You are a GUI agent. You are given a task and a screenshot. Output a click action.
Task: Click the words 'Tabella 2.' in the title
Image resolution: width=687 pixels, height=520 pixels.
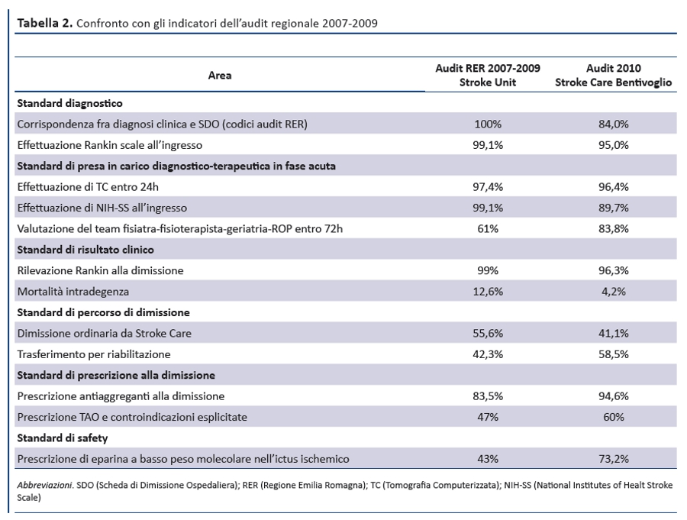point(45,23)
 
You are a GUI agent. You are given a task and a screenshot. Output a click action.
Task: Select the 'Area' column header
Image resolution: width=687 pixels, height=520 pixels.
point(220,76)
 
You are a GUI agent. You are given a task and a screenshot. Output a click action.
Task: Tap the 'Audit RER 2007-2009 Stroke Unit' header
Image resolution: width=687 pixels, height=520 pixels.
point(488,75)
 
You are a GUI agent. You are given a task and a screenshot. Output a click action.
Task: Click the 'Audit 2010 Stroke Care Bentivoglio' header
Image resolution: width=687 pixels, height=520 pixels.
point(614,75)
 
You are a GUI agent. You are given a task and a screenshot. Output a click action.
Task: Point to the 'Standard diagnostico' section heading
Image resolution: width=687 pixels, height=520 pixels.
point(69,104)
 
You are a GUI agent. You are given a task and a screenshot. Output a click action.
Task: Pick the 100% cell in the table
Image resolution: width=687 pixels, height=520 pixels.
point(488,124)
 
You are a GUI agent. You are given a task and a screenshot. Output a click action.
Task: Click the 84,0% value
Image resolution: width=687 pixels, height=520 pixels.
point(614,124)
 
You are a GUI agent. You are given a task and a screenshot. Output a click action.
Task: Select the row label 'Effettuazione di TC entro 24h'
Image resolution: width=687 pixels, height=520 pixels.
point(88,187)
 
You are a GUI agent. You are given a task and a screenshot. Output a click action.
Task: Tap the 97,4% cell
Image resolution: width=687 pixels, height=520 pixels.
point(488,187)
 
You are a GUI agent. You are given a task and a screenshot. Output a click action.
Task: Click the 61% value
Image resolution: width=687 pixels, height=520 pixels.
point(488,229)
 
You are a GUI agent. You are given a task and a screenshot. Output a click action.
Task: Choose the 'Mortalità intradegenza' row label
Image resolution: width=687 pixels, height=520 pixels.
point(73,292)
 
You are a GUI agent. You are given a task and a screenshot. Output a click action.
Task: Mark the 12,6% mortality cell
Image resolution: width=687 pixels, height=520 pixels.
point(488,292)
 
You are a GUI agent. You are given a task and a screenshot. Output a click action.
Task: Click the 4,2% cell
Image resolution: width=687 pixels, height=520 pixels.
point(614,292)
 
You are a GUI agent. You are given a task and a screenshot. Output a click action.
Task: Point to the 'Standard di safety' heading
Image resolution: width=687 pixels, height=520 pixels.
point(63,438)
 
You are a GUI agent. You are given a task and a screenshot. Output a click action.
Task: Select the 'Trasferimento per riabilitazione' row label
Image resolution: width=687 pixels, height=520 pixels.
point(94,354)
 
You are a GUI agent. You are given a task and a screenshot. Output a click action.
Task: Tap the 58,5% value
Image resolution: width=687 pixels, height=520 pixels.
point(614,354)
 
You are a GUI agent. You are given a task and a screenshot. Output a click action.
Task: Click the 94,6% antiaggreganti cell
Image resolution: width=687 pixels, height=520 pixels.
point(614,396)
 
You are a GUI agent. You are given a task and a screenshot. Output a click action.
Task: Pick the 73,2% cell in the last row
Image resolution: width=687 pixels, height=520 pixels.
point(614,459)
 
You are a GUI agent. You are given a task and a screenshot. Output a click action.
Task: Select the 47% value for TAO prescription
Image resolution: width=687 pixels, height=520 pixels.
point(488,417)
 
